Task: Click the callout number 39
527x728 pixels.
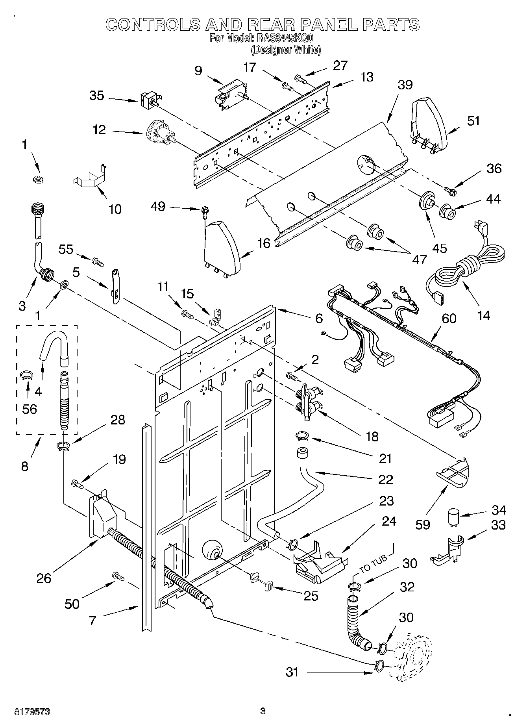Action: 405,85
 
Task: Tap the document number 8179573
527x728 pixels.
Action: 32,711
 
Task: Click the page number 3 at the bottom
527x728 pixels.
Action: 263,711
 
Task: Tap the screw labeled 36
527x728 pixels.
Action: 450,191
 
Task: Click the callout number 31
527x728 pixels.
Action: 292,672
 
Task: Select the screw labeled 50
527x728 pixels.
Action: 118,576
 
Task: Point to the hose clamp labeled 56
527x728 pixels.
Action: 26,375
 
